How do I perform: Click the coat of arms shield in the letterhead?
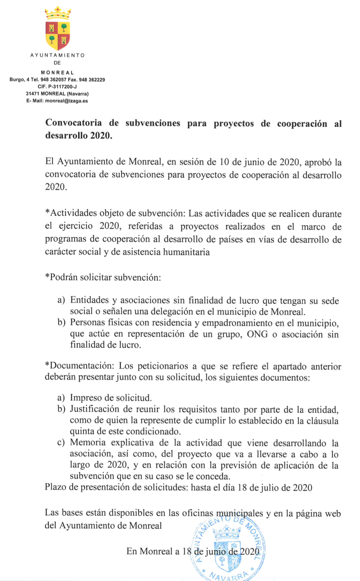(58, 35)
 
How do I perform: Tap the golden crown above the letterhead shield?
(58, 13)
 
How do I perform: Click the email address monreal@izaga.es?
(66, 101)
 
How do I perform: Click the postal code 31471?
(33, 94)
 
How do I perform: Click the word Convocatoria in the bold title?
(73, 123)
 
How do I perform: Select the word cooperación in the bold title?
(302, 124)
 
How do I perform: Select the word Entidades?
(90, 300)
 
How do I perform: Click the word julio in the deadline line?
(269, 487)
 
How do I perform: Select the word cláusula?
(322, 421)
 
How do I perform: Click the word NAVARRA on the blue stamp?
(229, 575)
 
